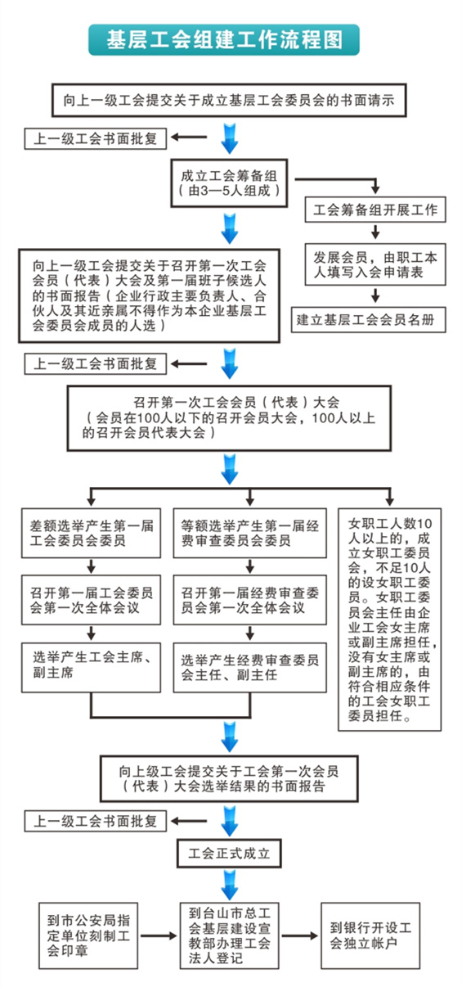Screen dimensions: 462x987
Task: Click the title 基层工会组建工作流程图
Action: [224, 39]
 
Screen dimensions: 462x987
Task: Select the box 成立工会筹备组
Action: [229, 183]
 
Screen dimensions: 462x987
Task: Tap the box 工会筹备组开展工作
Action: [375, 210]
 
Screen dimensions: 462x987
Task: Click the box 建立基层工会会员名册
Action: [368, 319]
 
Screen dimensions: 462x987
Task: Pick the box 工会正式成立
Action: [229, 853]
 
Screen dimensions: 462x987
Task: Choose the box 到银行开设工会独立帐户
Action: [370, 935]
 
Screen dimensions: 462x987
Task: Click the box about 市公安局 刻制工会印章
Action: [88, 935]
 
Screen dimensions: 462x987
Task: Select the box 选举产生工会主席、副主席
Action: [91, 667]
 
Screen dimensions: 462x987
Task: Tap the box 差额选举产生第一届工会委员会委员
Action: [91, 533]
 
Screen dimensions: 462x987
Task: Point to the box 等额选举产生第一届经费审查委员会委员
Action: [249, 533]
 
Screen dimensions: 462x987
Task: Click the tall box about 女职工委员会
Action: [390, 620]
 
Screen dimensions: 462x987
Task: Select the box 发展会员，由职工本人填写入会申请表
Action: [375, 264]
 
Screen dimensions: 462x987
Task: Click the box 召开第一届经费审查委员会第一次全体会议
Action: [249, 600]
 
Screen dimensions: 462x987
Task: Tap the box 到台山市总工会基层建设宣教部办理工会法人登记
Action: [229, 935]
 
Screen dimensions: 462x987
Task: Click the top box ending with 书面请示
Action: [229, 100]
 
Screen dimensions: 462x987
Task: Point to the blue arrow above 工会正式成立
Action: [230, 821]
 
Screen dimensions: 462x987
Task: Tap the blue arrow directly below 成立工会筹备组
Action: [230, 228]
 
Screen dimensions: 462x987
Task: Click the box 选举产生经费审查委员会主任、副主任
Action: [249, 667]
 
